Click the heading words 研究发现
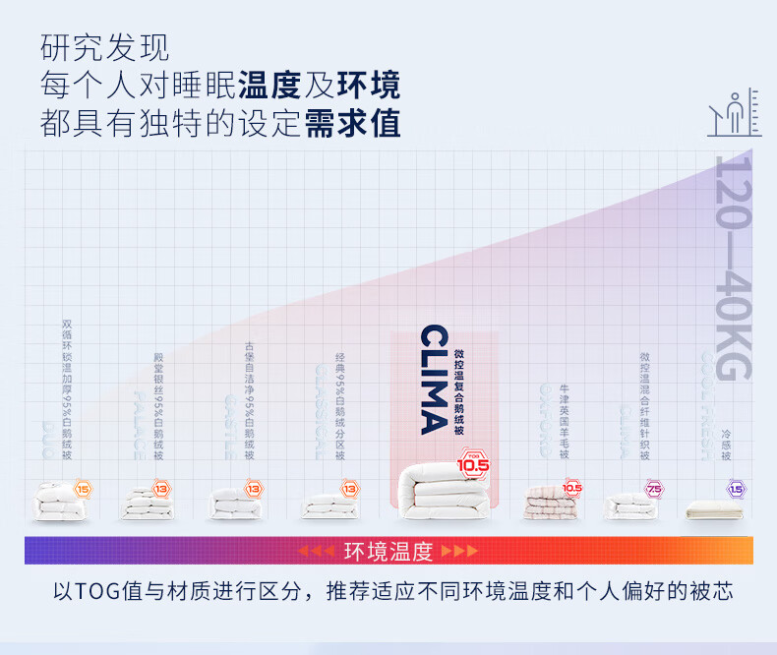(x=105, y=48)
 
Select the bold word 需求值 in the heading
(x=352, y=123)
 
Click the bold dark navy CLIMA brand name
(x=433, y=380)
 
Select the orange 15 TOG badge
(x=83, y=489)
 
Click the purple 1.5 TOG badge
(x=736, y=489)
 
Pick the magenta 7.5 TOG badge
(x=653, y=489)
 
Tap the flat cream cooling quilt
(x=714, y=508)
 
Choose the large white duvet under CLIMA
(x=440, y=494)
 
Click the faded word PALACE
(x=140, y=426)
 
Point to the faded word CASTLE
(x=229, y=426)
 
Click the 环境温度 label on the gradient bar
(x=388, y=551)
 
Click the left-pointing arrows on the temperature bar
(x=316, y=551)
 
